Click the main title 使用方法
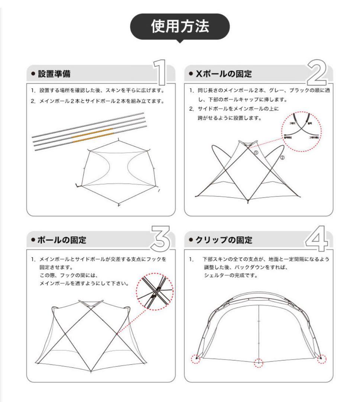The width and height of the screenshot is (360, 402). click(180, 26)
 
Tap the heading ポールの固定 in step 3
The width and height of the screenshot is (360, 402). click(62, 240)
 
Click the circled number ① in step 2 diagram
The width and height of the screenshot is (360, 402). click(256, 153)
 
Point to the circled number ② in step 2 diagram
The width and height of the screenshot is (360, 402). click(282, 157)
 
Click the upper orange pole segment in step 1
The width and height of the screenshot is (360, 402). click(92, 133)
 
